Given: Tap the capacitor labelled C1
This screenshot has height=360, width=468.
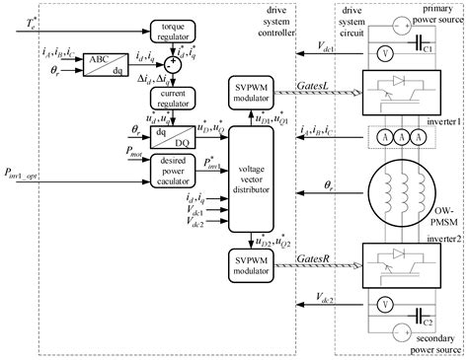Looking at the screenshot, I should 422,48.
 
